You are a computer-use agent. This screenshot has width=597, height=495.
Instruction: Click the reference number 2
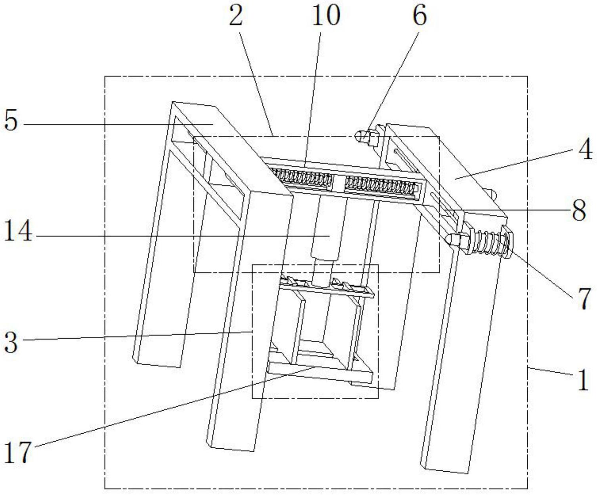pos(236,16)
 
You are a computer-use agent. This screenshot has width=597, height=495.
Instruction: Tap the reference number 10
pos(326,16)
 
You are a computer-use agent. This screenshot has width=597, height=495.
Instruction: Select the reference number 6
pos(420,16)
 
